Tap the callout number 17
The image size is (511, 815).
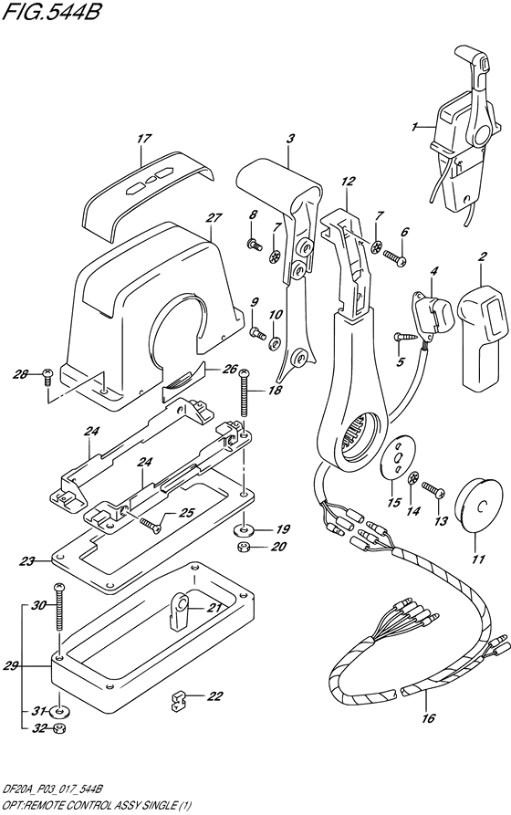pos(143,139)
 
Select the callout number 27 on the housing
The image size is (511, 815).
pos(214,217)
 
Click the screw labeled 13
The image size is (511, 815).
pos(433,494)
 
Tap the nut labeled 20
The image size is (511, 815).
pos(244,549)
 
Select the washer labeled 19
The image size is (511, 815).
pos(244,528)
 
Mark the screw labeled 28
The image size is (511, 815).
pos(48,374)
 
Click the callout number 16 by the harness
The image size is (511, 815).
pos(427,720)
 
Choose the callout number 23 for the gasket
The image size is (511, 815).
pos(26,561)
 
